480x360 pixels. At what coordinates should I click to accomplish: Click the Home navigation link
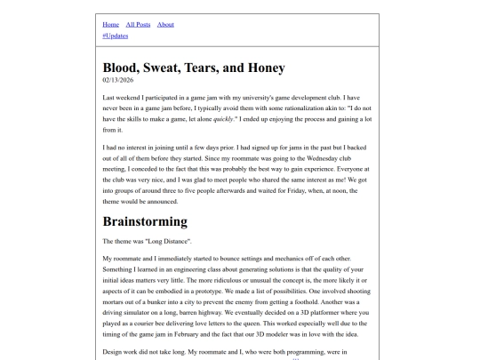pos(111,24)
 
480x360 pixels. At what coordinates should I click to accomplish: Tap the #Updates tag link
pos(116,36)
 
